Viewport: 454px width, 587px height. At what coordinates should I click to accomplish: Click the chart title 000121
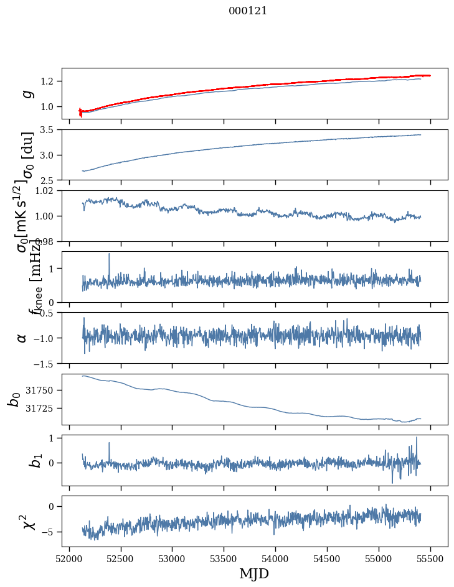(x=248, y=11)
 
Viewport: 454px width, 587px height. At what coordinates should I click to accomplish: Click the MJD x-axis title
(x=254, y=573)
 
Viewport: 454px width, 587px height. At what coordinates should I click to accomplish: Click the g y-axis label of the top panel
(x=27, y=93)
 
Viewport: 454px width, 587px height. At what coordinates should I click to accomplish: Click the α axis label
(x=22, y=338)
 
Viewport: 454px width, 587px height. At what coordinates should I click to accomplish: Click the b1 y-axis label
(x=19, y=461)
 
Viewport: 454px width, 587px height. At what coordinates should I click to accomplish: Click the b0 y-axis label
(x=14, y=399)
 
